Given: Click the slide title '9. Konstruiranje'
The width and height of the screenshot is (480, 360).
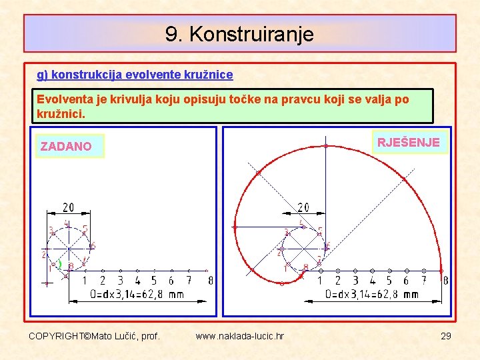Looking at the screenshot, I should pyautogui.click(x=239, y=34).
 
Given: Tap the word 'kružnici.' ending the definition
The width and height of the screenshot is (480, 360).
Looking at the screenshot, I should pyautogui.click(x=61, y=114).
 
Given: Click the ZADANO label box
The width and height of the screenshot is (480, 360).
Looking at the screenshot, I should pyautogui.click(x=66, y=146).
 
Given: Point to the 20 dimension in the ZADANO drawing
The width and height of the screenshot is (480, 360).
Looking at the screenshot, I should pyautogui.click(x=69, y=208).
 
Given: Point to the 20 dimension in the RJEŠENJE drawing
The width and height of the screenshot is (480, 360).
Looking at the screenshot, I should pyautogui.click(x=303, y=208).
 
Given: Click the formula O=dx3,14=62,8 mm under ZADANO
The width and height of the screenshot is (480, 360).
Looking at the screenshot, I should pyautogui.click(x=127, y=294).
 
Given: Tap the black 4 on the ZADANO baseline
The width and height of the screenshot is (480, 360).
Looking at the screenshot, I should pyautogui.click(x=137, y=281).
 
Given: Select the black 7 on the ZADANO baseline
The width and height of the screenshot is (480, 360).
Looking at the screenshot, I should pyautogui.click(x=189, y=281).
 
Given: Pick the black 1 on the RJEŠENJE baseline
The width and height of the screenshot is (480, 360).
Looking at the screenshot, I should pyautogui.click(x=320, y=281).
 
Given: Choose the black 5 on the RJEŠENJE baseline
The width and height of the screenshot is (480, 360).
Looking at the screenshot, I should pyautogui.click(x=389, y=281).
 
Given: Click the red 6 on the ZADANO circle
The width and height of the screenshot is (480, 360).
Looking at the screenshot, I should pyautogui.click(x=93, y=245).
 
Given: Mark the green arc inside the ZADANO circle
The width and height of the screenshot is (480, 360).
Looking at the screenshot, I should pyautogui.click(x=60, y=265).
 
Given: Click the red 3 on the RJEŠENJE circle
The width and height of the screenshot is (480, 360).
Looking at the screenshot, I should pyautogui.click(x=286, y=233).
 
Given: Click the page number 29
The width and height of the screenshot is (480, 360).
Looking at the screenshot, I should pyautogui.click(x=445, y=336).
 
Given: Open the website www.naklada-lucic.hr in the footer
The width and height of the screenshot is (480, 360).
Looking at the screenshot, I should pyautogui.click(x=239, y=336).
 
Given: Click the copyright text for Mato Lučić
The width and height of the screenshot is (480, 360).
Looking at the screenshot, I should pyautogui.click(x=94, y=336).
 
